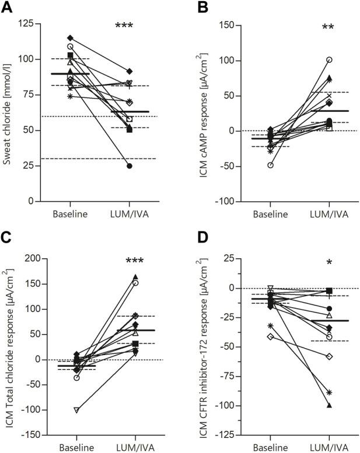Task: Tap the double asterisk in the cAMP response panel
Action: (x=328, y=28)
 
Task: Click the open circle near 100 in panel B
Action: (x=329, y=60)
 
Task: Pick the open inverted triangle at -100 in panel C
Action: (x=76, y=410)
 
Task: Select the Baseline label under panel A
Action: (x=70, y=214)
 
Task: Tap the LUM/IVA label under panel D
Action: (x=329, y=448)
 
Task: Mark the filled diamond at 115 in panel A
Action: (x=70, y=38)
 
